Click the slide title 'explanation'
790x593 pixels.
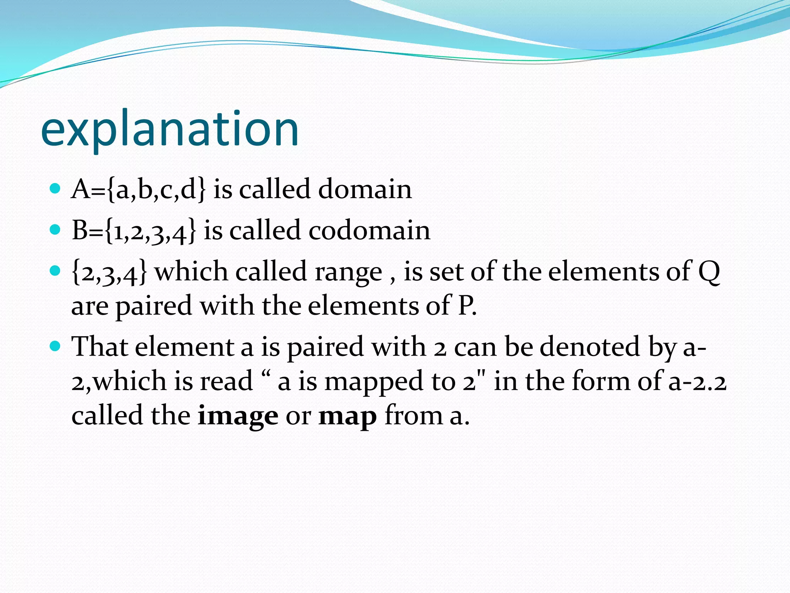[170, 129]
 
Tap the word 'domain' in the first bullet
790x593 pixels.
[365, 189]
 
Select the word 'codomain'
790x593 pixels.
[369, 230]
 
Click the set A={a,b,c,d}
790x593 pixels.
[138, 189]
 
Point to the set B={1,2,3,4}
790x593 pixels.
[134, 230]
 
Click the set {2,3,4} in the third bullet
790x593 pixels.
[110, 272]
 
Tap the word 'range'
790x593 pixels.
[348, 272]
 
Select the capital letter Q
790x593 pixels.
[709, 272]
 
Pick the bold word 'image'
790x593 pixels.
[238, 416]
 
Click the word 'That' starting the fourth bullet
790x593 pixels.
[100, 346]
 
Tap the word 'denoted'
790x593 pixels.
[590, 346]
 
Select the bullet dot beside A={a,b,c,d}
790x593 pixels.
[56, 188]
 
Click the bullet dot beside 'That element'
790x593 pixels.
[56, 346]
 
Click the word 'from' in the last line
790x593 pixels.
[414, 416]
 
